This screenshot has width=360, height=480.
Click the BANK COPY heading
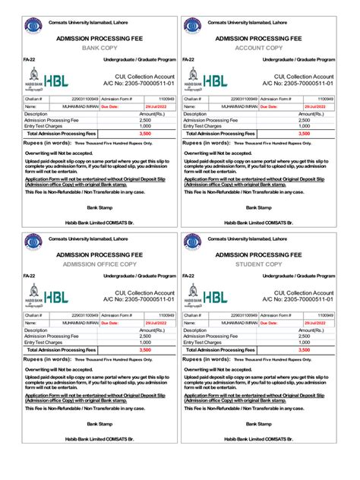click(99, 47)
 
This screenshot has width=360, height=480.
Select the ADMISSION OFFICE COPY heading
click(99, 264)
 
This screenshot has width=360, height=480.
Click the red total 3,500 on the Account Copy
click(304, 133)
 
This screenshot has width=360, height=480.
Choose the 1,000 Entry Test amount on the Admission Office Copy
click(145, 343)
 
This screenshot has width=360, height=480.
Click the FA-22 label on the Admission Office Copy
click(29, 275)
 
